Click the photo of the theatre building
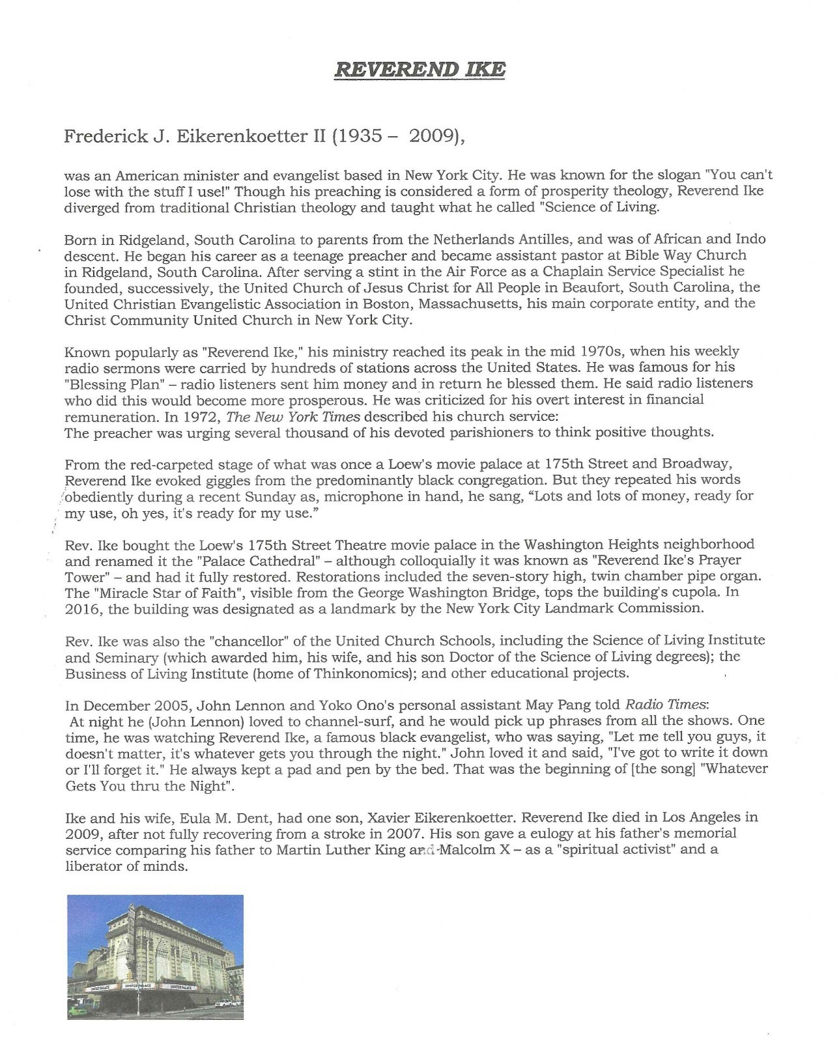click(x=155, y=956)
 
